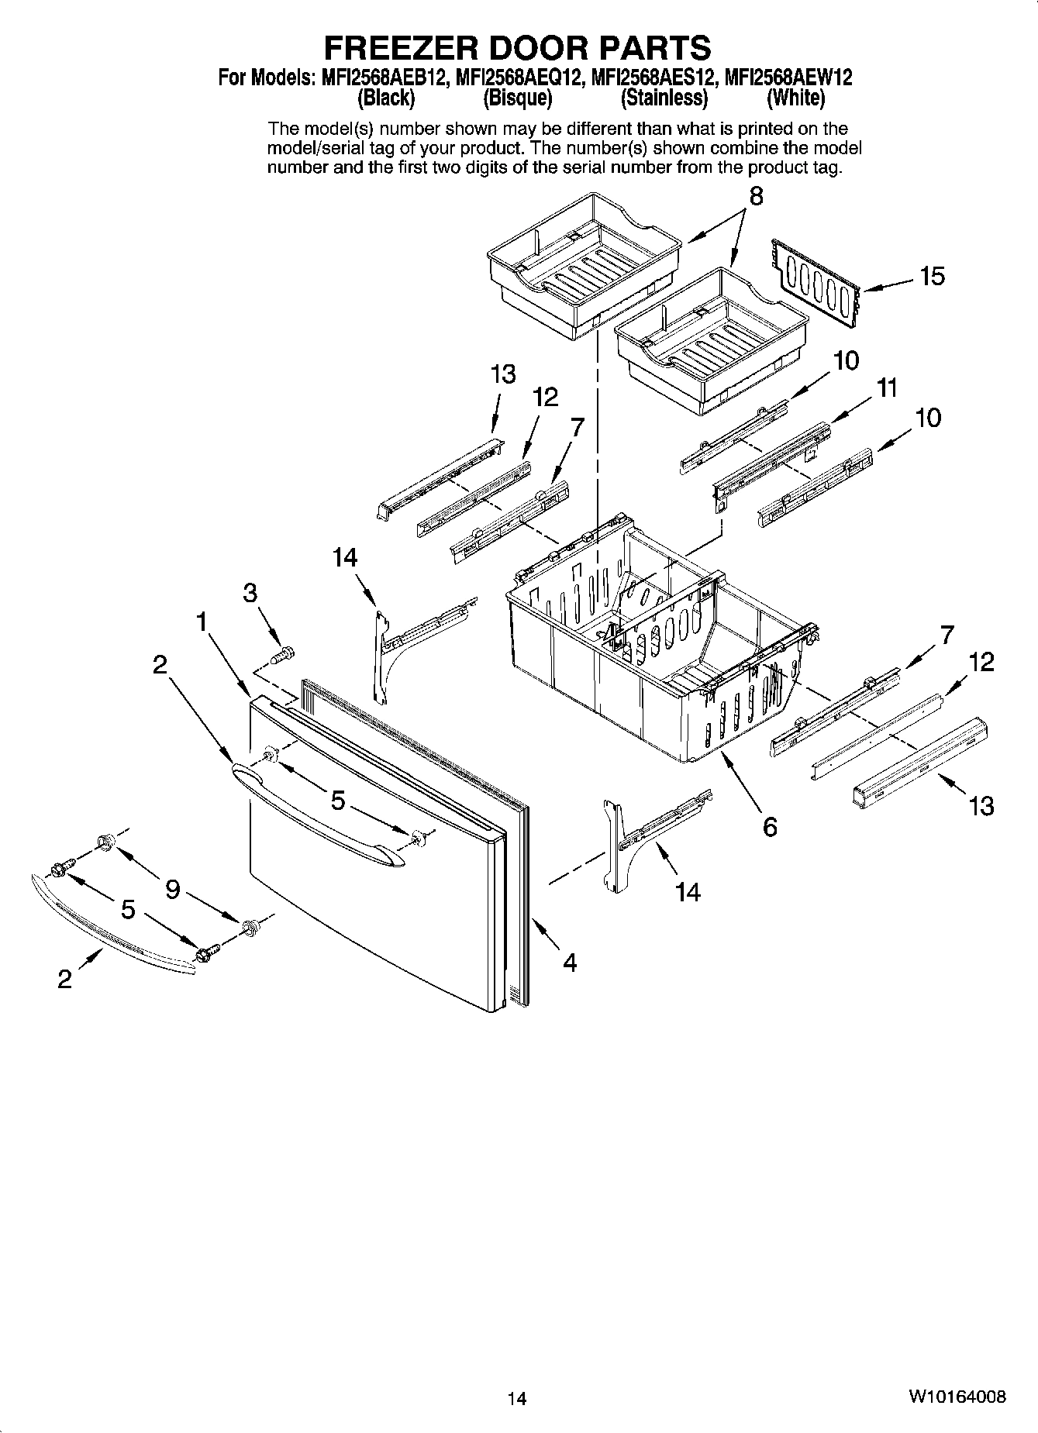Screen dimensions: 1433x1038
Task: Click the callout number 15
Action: point(933,277)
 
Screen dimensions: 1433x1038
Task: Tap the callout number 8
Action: point(756,196)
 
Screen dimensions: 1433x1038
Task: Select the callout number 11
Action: point(888,388)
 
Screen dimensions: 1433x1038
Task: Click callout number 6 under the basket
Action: point(769,827)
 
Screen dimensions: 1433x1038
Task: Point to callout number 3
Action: point(250,593)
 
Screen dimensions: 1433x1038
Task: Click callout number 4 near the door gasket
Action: point(570,963)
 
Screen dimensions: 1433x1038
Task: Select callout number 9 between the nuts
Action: point(172,889)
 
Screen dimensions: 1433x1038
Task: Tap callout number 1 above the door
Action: point(202,621)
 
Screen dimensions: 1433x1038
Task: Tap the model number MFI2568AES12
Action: point(653,78)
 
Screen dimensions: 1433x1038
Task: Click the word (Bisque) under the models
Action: point(517,98)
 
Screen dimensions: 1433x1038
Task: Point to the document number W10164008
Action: point(958,1397)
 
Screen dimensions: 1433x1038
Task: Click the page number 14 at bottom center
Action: point(517,1399)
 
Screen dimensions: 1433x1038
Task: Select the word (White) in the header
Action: point(795,98)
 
